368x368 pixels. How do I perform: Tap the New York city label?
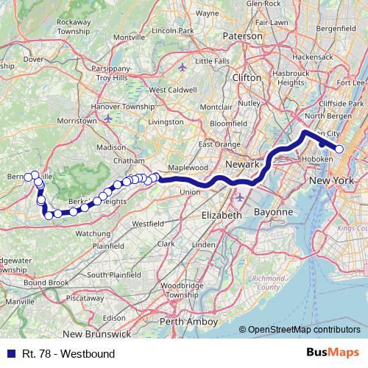pos(330,180)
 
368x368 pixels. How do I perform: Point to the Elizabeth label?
pos(222,215)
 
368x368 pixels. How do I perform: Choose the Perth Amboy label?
pos(188,322)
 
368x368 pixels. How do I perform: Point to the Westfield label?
pos(148,222)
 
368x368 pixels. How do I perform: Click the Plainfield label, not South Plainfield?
pos(107,245)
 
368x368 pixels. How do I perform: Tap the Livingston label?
pos(166,120)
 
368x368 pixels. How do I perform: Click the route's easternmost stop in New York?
pos(339,149)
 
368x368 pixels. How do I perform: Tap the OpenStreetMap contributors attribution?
pos(304,330)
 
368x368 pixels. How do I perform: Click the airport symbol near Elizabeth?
pos(238,198)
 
